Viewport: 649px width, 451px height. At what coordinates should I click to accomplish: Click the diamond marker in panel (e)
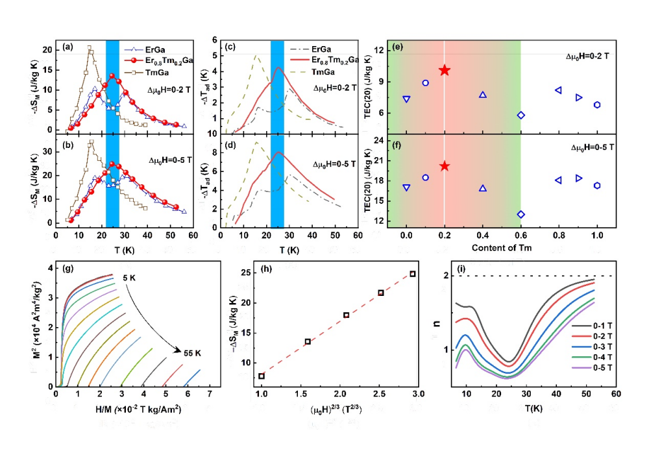pyautogui.click(x=520, y=115)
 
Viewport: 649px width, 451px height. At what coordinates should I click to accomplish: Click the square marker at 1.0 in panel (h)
pyautogui.click(x=262, y=376)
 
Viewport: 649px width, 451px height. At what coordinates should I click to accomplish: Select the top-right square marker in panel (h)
pyautogui.click(x=412, y=274)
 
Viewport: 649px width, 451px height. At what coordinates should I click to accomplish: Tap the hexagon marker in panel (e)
pyautogui.click(x=597, y=104)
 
